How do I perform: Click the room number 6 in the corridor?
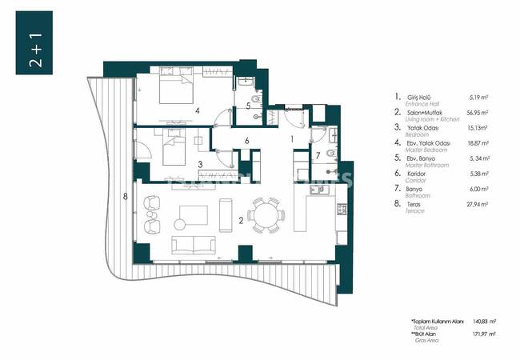[248, 141]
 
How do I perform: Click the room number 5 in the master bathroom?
[249, 106]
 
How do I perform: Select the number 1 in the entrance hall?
[293, 139]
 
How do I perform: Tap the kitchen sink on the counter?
[341, 210]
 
